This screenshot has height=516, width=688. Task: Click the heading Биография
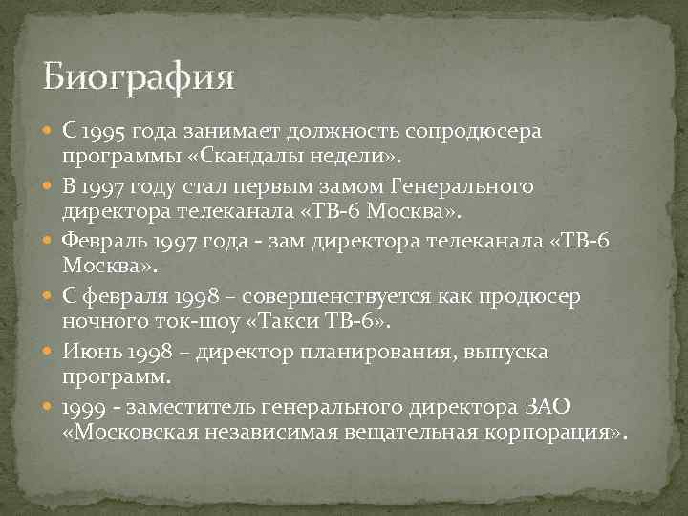click(x=138, y=75)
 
